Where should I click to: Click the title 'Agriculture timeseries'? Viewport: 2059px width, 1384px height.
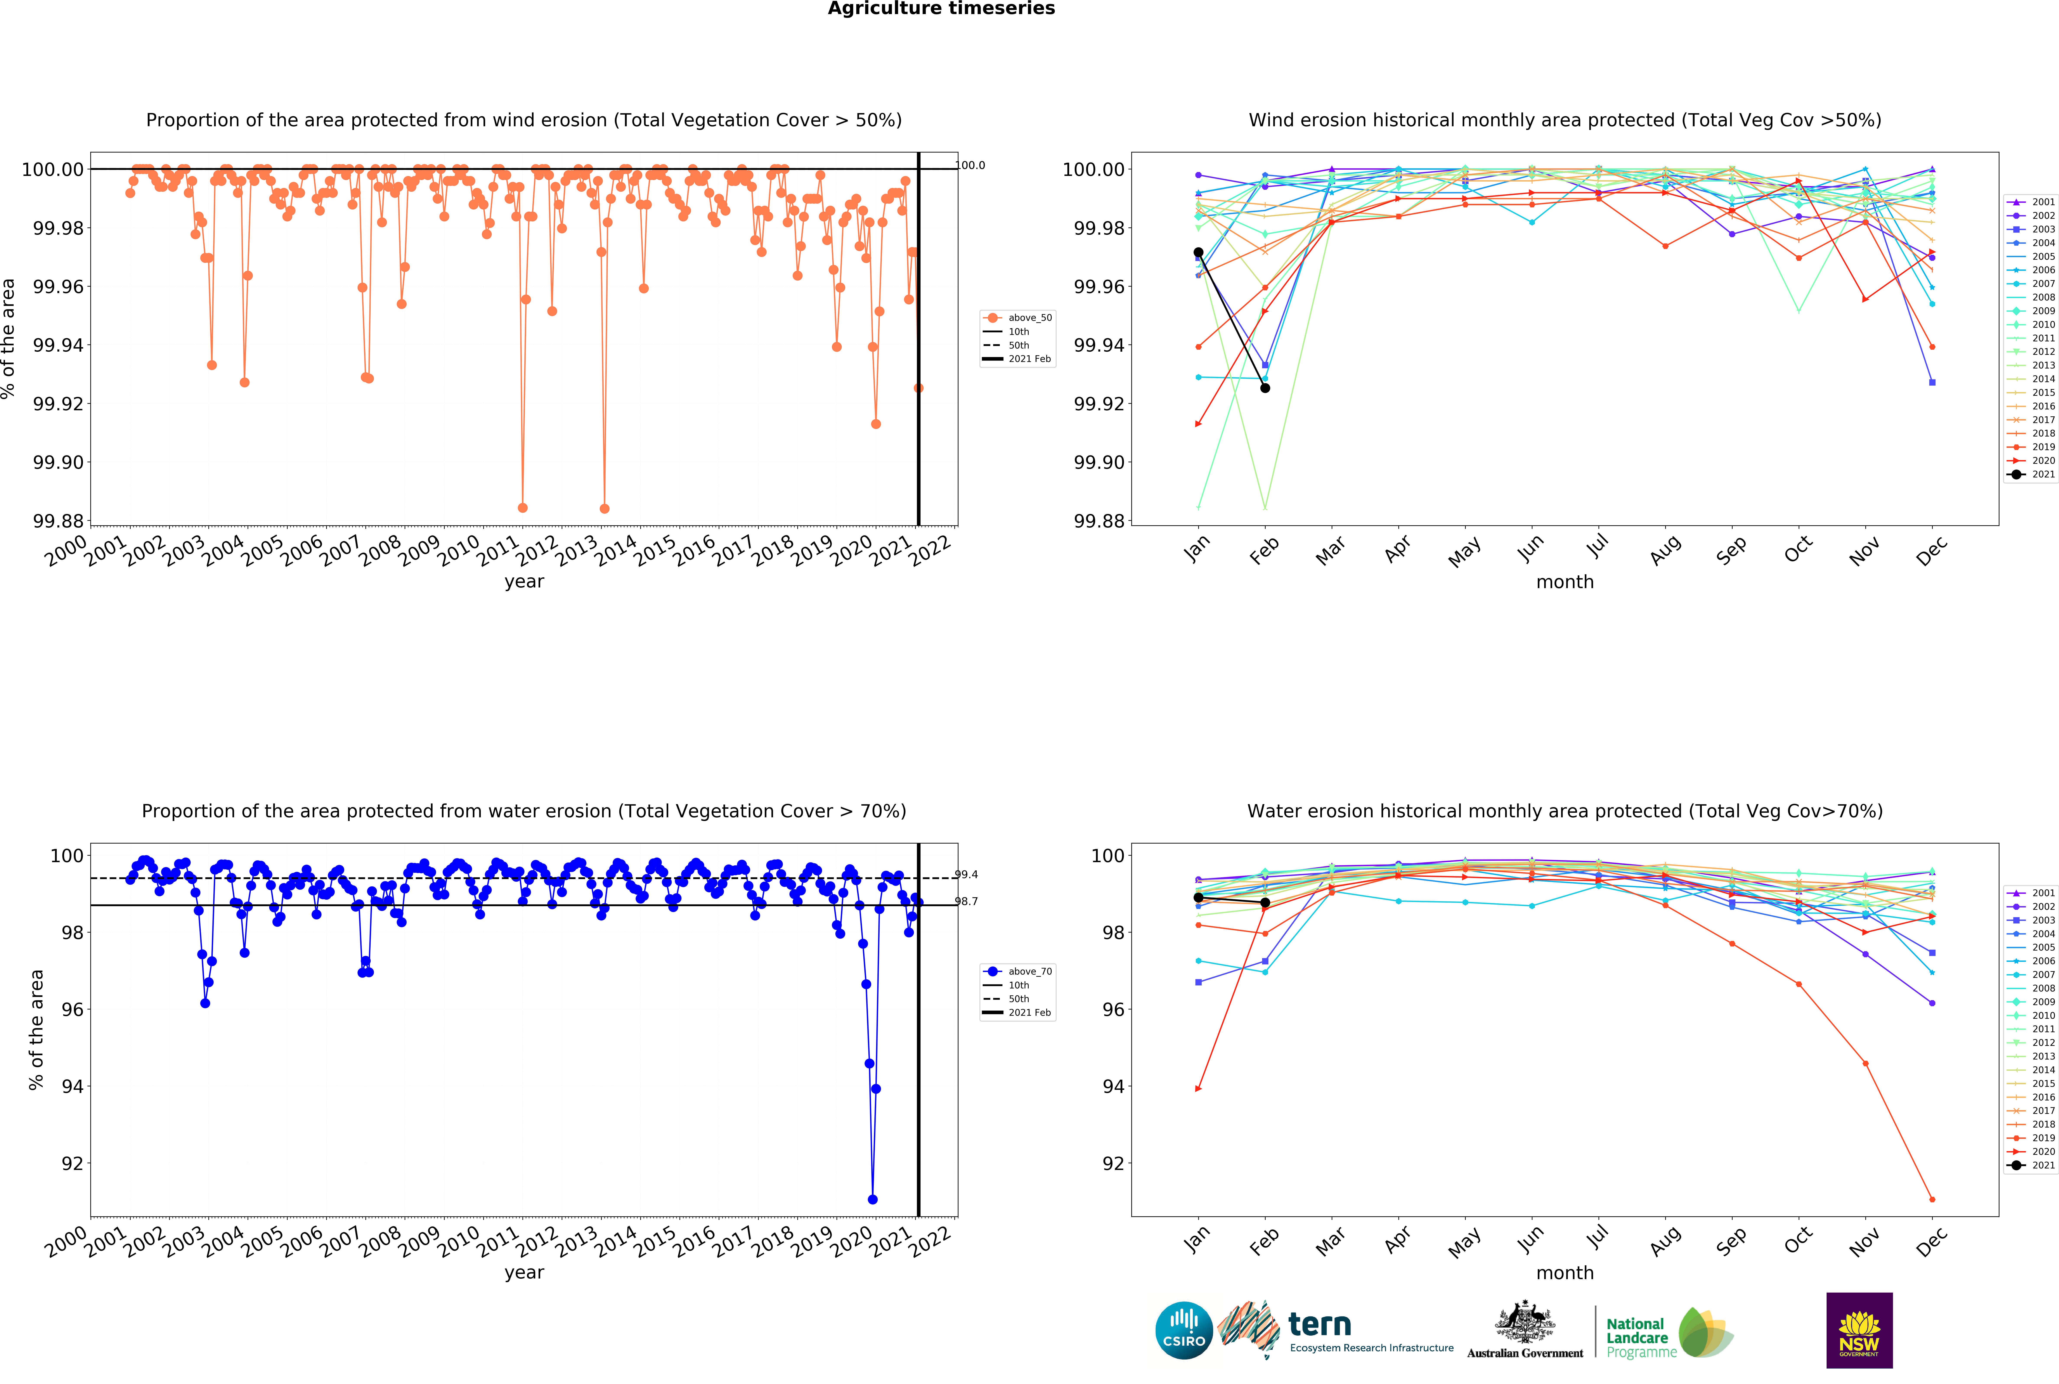pyautogui.click(x=941, y=9)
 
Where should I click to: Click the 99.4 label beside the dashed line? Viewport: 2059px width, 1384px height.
pyautogui.click(x=966, y=875)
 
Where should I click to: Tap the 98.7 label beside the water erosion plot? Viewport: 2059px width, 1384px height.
pyautogui.click(x=966, y=901)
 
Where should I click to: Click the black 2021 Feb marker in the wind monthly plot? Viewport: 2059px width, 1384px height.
pyautogui.click(x=1265, y=388)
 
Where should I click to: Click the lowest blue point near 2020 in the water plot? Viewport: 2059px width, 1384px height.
pyautogui.click(x=872, y=1199)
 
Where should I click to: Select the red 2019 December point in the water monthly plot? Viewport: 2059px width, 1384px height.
pyautogui.click(x=1932, y=1199)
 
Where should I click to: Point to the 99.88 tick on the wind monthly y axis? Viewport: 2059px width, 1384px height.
pyautogui.click(x=1099, y=521)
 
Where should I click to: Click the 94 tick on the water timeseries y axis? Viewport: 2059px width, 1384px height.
pyautogui.click(x=72, y=1087)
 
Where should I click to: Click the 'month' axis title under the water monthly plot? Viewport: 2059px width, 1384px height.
pyautogui.click(x=1565, y=1273)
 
